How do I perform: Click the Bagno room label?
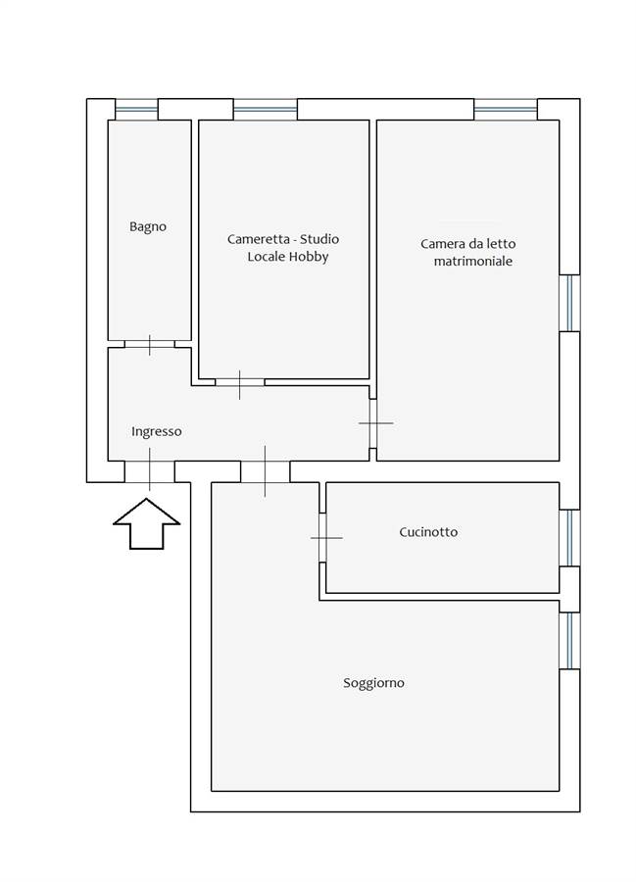point(148,226)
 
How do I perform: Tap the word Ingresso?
point(157,431)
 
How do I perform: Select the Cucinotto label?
point(428,532)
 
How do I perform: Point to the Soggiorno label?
point(373,683)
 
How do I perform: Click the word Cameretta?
point(259,239)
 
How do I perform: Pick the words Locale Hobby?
point(287,258)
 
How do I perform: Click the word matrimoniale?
point(473,262)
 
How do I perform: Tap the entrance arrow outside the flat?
point(147,524)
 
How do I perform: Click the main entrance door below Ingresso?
point(149,470)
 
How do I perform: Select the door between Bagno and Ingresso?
point(149,344)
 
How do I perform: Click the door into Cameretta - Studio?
point(240,381)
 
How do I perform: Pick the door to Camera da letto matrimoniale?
point(373,423)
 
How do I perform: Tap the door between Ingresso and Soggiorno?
point(265,471)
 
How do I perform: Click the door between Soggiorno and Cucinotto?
point(322,537)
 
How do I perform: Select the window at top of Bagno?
point(136,108)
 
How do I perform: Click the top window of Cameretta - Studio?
point(265,108)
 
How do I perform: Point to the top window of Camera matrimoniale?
point(506,108)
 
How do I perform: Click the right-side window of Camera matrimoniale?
point(569,303)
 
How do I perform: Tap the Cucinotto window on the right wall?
point(569,538)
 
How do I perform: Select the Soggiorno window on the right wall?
point(569,641)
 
